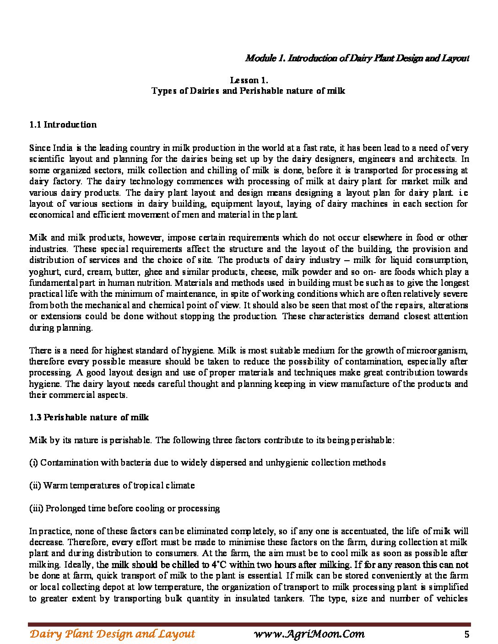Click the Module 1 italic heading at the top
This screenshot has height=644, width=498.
coord(357,58)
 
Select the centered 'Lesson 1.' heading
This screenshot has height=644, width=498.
coord(249,80)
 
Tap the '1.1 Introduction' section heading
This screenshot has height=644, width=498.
coord(63,124)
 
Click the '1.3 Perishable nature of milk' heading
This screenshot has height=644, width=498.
coord(89,417)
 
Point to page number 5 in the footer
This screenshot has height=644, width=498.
coord(466,634)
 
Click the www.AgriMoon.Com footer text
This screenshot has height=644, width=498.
coord(309,634)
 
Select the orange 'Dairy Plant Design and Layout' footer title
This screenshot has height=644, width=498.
coord(112,634)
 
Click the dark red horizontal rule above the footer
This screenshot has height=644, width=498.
coord(249,624)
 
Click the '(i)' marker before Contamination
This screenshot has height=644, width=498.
coord(33,462)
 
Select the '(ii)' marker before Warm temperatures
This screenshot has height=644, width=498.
coord(35,485)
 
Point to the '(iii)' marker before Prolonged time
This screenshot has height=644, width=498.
coord(36,508)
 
